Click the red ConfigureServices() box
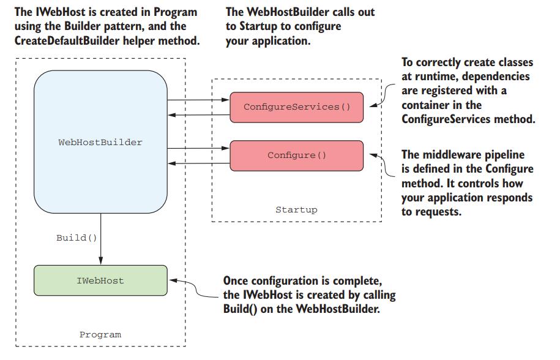(x=296, y=107)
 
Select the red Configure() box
(x=296, y=156)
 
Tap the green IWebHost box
(x=100, y=280)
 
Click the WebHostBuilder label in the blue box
(x=100, y=142)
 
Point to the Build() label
(x=77, y=238)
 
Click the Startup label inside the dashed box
(x=296, y=209)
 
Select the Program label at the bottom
(x=100, y=335)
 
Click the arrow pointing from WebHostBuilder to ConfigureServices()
(x=198, y=100)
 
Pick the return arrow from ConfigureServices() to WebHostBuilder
(x=198, y=114)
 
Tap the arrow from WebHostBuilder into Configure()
(x=198, y=148)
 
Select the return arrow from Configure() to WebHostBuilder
(x=198, y=163)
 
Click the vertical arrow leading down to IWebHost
(x=101, y=239)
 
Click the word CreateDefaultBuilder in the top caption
(x=67, y=40)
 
